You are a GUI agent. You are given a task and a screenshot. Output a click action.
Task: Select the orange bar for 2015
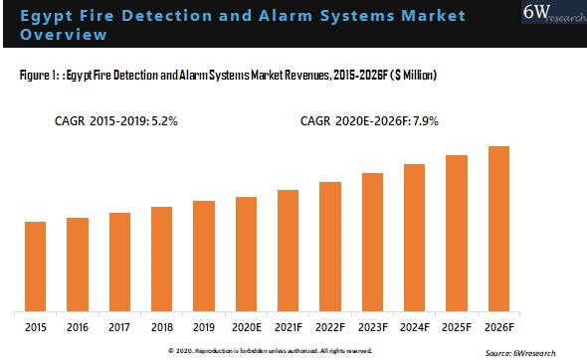coord(35,265)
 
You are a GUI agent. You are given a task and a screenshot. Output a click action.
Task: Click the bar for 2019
coord(204,255)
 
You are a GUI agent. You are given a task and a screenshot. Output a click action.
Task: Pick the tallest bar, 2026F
coord(499,227)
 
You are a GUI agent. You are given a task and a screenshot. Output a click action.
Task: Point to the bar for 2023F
coord(373,241)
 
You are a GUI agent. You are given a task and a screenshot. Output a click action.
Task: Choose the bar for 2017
coord(119,260)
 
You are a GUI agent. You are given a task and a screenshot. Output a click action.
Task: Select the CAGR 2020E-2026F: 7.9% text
coord(369,120)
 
